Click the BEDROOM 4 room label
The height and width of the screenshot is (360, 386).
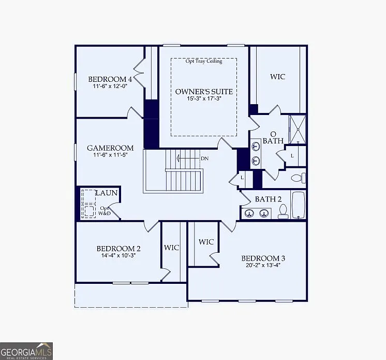pyautogui.click(x=110, y=79)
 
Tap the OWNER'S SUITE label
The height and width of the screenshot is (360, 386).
pyautogui.click(x=203, y=92)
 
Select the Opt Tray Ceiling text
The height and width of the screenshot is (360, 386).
pyautogui.click(x=204, y=61)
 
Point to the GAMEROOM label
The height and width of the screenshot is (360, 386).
pyautogui.click(x=110, y=148)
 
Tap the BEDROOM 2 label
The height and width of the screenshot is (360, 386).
pyautogui.click(x=118, y=248)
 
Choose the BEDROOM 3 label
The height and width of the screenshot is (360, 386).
pyautogui.click(x=263, y=258)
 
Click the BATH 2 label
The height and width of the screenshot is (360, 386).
pyautogui.click(x=268, y=199)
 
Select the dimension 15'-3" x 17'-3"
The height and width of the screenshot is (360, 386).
pyautogui.click(x=204, y=99)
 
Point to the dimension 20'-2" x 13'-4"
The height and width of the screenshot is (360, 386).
pyautogui.click(x=263, y=266)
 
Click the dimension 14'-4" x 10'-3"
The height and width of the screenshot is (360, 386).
pyautogui.click(x=118, y=255)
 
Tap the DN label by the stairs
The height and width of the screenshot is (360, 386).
pyautogui.click(x=204, y=158)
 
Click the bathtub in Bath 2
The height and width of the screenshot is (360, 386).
pyautogui.click(x=298, y=205)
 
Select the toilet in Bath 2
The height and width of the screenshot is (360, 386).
pyautogui.click(x=283, y=211)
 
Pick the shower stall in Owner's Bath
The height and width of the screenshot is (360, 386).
pyautogui.click(x=298, y=129)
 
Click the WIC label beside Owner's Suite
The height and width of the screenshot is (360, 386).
pyautogui.click(x=277, y=77)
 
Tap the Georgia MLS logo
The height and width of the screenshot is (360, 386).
pyautogui.click(x=26, y=351)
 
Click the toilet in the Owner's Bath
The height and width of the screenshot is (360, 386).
pyautogui.click(x=297, y=178)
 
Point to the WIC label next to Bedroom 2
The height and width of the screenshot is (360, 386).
pyautogui.click(x=171, y=248)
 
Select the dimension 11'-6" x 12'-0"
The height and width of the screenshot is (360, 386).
pyautogui.click(x=110, y=87)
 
